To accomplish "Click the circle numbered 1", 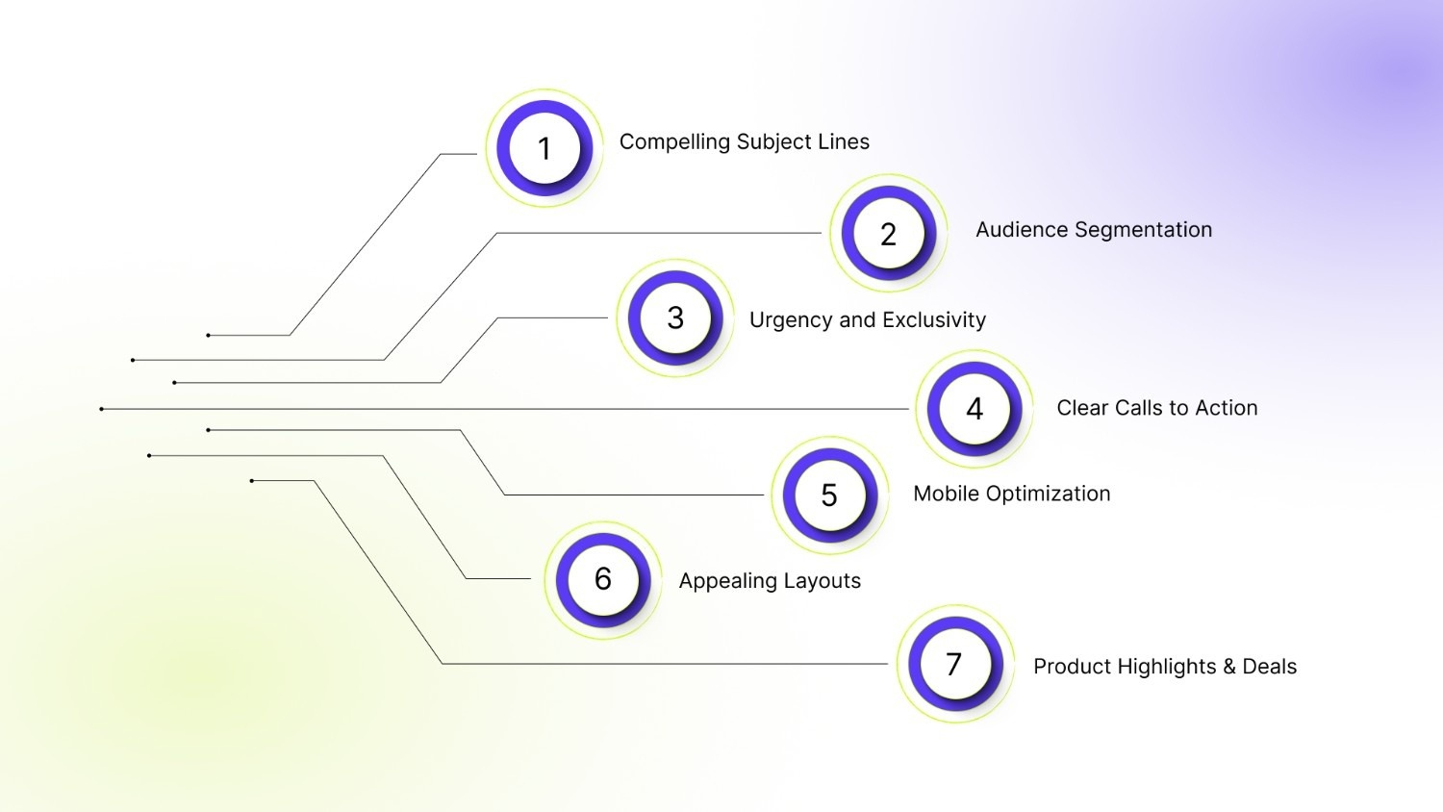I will (x=544, y=148).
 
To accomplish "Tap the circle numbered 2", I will (x=889, y=234).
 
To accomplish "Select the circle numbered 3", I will (x=675, y=317).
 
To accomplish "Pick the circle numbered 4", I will (x=975, y=409).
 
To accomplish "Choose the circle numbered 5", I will (x=829, y=495).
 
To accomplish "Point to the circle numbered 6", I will (x=603, y=579).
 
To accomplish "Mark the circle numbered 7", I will (x=954, y=664).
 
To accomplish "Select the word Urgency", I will (x=790, y=320).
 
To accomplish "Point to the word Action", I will (x=1226, y=408).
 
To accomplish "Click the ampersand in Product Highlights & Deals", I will (x=1229, y=667).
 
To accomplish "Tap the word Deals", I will (x=1270, y=667).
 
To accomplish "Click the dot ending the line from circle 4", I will (x=101, y=409).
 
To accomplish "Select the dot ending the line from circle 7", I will (x=252, y=481).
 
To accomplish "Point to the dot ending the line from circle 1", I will (x=208, y=335).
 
